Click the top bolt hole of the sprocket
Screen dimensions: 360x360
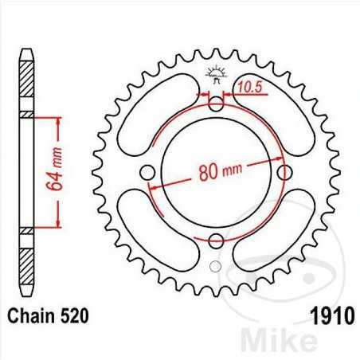pos(215,104)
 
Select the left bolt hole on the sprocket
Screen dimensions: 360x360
pos(146,173)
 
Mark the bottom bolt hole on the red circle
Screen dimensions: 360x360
pos(215,241)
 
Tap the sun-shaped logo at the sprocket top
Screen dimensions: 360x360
pos(214,75)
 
